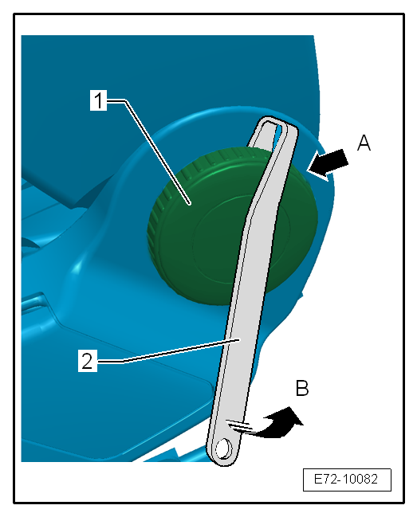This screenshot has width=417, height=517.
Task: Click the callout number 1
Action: point(98,100)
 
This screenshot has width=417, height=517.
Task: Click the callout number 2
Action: point(88,362)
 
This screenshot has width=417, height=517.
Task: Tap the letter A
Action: point(364,143)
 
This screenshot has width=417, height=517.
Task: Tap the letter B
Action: point(302,388)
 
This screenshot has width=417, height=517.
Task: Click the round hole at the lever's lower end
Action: point(223,448)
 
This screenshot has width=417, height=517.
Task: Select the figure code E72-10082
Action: point(346,479)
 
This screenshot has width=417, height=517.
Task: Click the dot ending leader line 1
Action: point(190,204)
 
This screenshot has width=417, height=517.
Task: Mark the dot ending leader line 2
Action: point(239,339)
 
